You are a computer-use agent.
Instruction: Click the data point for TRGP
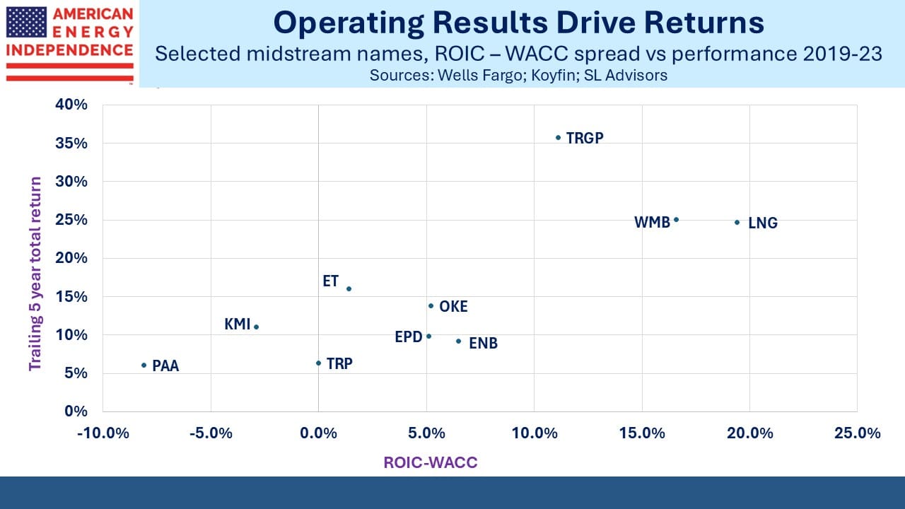(558, 138)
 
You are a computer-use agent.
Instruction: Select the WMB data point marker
(677, 220)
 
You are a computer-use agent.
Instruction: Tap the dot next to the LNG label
(737, 222)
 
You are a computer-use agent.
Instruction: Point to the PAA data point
(144, 365)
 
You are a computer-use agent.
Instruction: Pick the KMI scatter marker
(256, 327)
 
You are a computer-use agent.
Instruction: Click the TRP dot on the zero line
(318, 363)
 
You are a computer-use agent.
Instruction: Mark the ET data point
(349, 289)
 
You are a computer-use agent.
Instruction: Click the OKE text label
(453, 307)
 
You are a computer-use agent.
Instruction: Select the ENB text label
(483, 344)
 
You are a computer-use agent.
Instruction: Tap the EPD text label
(409, 337)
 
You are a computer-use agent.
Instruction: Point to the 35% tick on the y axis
(71, 144)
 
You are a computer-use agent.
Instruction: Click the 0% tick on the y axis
(76, 411)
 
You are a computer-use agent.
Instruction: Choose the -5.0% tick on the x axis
(211, 433)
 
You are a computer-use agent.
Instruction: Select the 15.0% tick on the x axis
(642, 433)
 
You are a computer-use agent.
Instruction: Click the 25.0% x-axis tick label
(858, 433)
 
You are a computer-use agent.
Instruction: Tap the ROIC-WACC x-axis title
(431, 462)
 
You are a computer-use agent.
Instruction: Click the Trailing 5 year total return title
(35, 274)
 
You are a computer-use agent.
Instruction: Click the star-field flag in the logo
(26, 22)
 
